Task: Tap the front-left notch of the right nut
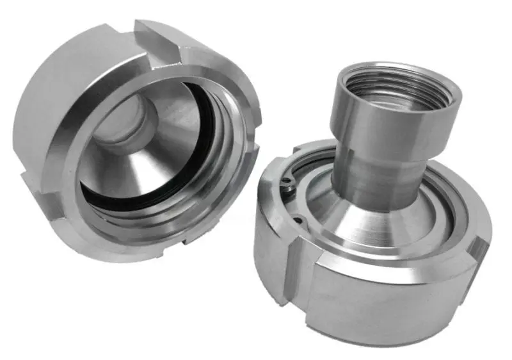tap(298, 282)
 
